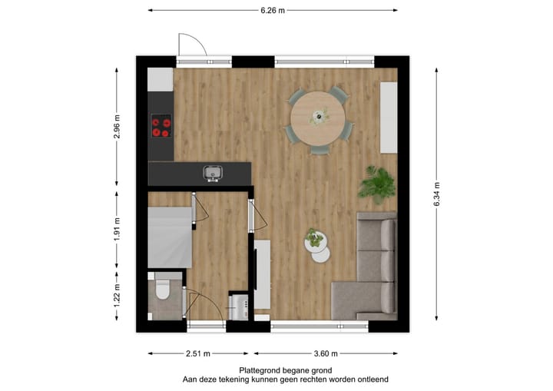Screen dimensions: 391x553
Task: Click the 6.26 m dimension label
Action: pyautogui.click(x=273, y=11)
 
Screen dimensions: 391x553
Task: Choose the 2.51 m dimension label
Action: pyautogui.click(x=197, y=353)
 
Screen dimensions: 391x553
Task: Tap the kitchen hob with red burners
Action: pyautogui.click(x=161, y=126)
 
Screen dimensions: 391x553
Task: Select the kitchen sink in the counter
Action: pyautogui.click(x=213, y=172)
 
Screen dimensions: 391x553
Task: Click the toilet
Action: pyautogui.click(x=162, y=291)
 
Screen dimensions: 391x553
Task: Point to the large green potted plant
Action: pyautogui.click(x=377, y=184)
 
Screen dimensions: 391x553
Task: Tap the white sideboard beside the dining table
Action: pyautogui.click(x=388, y=117)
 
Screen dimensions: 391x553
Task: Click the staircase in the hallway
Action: pyautogui.click(x=169, y=237)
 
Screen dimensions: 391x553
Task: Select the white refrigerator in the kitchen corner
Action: pyautogui.click(x=161, y=79)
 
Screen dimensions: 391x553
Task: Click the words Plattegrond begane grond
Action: pyautogui.click(x=286, y=370)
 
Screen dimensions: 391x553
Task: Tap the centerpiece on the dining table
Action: pyautogui.click(x=318, y=116)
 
